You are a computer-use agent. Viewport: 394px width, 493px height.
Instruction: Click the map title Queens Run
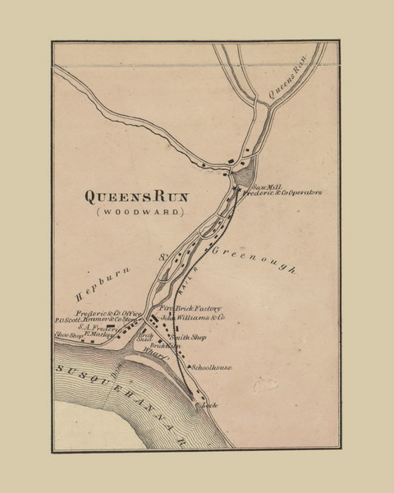click(x=136, y=196)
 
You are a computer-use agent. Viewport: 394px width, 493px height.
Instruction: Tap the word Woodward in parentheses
click(x=136, y=212)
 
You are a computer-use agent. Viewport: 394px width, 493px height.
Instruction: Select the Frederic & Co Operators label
click(x=286, y=193)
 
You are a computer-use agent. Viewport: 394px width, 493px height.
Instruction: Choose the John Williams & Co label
click(x=193, y=316)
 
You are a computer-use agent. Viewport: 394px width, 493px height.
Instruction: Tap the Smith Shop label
click(x=188, y=338)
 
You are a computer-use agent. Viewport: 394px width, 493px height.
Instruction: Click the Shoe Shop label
click(x=70, y=335)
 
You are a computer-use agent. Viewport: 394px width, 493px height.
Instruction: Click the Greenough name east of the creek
click(x=254, y=261)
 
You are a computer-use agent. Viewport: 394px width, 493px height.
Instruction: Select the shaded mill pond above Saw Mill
click(x=244, y=177)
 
